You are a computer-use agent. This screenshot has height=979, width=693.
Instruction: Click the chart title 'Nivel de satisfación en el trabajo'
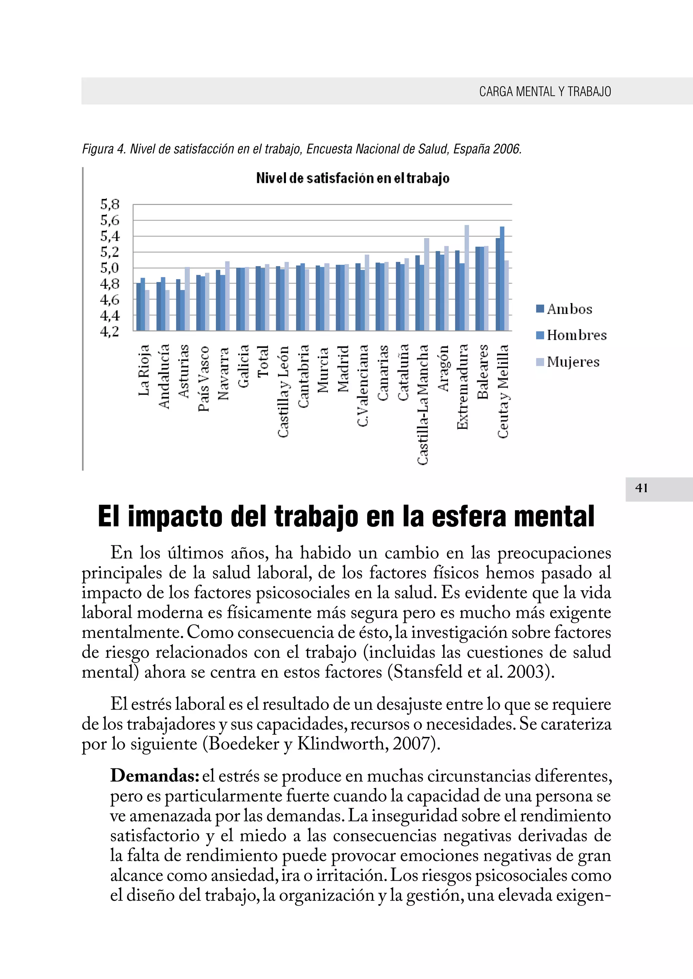353,178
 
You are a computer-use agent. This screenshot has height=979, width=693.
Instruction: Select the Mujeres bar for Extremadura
466,278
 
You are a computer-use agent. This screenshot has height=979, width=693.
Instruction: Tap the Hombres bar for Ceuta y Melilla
502,278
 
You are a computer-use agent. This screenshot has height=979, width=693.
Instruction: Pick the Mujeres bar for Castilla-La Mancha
426,284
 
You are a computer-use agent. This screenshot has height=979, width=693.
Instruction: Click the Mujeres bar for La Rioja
147,310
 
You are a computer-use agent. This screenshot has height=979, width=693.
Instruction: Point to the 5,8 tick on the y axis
110,204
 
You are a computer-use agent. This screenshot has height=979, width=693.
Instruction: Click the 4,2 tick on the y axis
110,331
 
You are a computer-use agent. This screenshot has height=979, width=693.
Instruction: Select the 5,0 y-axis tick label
110,268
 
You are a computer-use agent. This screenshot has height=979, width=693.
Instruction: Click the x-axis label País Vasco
204,378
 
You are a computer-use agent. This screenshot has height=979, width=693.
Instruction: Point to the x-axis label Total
263,361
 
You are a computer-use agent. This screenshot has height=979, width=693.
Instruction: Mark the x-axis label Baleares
483,372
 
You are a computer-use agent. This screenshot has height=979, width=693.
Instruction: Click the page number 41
641,488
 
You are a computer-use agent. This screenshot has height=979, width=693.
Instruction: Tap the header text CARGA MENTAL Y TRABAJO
545,91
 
